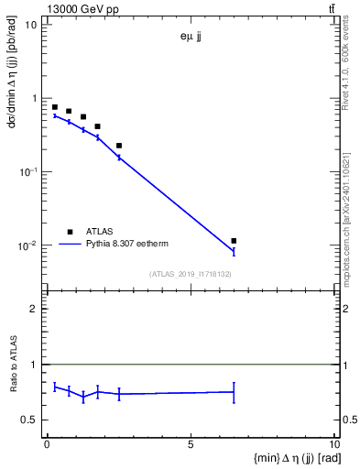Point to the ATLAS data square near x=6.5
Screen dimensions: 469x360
click(x=234, y=241)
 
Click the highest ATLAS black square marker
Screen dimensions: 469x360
click(x=55, y=107)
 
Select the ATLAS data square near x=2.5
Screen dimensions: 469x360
click(x=119, y=146)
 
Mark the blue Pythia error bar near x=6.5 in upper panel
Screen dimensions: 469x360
click(x=234, y=251)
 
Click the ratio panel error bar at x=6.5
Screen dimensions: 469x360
click(x=234, y=392)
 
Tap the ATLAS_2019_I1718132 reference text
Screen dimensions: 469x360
click(x=191, y=274)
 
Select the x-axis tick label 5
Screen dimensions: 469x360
click(x=191, y=444)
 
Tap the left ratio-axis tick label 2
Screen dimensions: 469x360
click(x=34, y=310)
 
